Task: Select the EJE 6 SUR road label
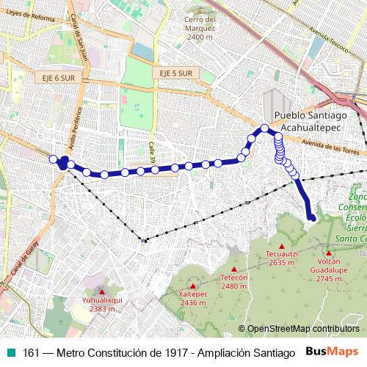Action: point(53,76)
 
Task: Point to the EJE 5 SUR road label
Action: point(175,73)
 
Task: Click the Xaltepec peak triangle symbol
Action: point(192,287)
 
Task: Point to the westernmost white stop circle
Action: point(53,159)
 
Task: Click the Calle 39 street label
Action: point(153,151)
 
